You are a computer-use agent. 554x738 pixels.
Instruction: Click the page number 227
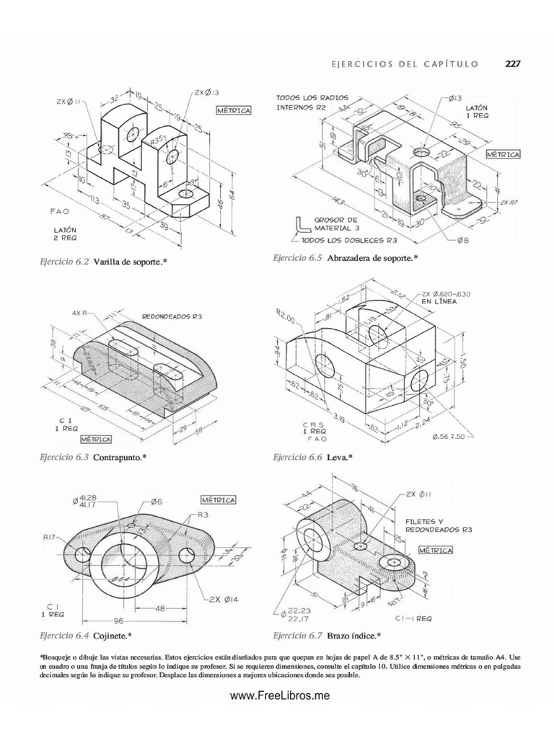[512, 63]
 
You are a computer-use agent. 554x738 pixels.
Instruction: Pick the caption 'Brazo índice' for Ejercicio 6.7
[353, 635]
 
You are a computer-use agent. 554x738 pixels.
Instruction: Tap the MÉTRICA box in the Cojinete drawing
[221, 499]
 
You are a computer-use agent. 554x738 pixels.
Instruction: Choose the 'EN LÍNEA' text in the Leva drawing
[441, 302]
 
